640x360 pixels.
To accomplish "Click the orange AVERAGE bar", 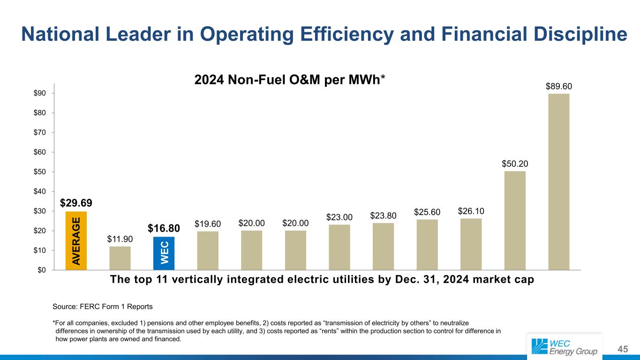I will [x=76, y=240].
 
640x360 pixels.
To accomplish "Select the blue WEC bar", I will [x=164, y=253].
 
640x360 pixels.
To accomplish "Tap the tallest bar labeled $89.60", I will [x=558, y=182].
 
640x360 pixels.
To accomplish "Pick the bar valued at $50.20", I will [x=514, y=220].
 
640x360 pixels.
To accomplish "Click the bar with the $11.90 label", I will [x=120, y=258].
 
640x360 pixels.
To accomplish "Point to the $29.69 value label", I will [x=76, y=203].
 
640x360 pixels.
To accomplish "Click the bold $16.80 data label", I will [x=164, y=228].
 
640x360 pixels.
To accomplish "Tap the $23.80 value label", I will [x=383, y=215].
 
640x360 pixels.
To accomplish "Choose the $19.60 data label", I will [x=208, y=224].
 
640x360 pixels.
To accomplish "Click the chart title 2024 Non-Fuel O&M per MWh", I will [x=289, y=80].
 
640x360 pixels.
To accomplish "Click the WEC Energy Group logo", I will [x=565, y=346].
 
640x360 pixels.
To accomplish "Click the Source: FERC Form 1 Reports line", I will [x=103, y=307].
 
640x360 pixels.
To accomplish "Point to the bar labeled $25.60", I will [x=427, y=244].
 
